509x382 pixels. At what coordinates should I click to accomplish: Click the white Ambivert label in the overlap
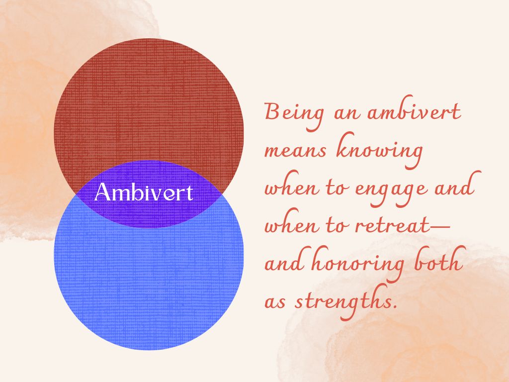pyautogui.click(x=144, y=192)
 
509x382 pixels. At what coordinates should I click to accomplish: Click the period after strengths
pyautogui.click(x=396, y=306)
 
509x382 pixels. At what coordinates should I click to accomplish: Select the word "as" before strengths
pyautogui.click(x=275, y=302)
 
